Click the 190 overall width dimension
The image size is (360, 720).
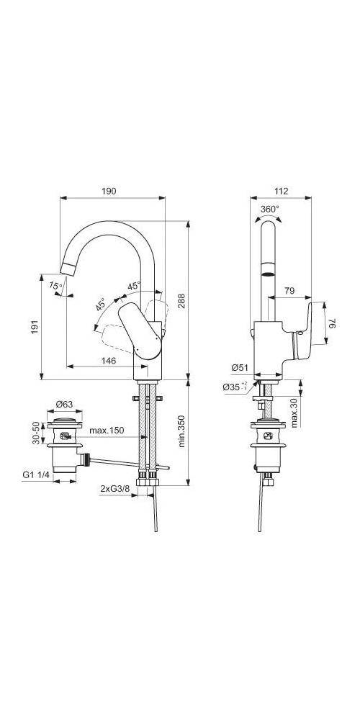pos(109,192)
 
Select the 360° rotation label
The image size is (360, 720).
pos(269,209)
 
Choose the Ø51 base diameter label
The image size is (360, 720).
pos(240,368)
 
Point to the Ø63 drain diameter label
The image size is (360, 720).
pos(66,404)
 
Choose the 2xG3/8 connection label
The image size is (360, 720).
pos(114,489)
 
